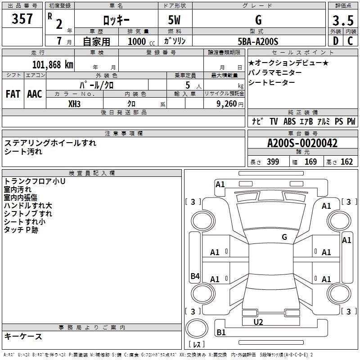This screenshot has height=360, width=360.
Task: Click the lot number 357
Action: tap(22, 19)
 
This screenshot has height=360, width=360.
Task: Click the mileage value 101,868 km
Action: tap(53, 65)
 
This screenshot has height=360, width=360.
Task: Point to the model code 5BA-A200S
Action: tap(258, 41)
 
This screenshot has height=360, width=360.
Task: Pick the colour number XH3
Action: tap(75, 104)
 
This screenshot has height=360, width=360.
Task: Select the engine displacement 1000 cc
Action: tap(138, 42)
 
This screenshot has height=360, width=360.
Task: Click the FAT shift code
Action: tap(13, 94)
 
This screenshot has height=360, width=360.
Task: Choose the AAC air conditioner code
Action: tap(35, 94)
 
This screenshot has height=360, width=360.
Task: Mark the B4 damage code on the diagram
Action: tap(195, 276)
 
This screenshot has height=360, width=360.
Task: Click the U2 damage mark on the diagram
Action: tap(258, 322)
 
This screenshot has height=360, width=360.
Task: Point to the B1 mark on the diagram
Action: tap(221, 333)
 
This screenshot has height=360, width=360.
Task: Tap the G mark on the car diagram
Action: tap(284, 237)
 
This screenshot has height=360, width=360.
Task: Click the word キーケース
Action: tap(23, 336)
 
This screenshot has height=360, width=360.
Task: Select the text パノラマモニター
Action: tap(275, 72)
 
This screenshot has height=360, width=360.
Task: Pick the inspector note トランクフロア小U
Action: tap(35, 181)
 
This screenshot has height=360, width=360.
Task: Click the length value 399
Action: tap(273, 162)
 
